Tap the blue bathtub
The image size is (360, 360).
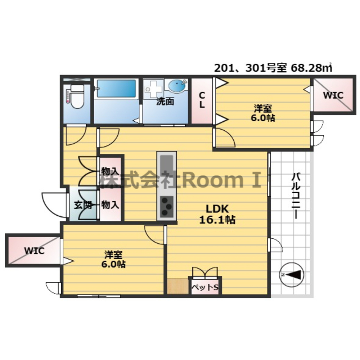[116, 89]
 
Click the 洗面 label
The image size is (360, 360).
[165, 101]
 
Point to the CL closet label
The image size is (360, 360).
[202, 100]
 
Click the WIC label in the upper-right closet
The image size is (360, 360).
[333, 95]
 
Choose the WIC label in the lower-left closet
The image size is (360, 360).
[35, 251]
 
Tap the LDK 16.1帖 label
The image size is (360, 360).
[217, 214]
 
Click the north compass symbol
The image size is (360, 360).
[292, 275]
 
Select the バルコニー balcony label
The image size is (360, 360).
[296, 196]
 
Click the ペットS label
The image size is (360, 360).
[205, 287]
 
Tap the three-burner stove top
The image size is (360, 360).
[166, 207]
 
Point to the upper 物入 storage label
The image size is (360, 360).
[111, 171]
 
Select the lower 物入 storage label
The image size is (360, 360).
[111, 205]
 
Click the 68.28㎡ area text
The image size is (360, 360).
[311, 68]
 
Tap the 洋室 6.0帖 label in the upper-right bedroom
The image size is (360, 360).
[263, 113]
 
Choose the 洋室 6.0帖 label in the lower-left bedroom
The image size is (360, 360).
[113, 259]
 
